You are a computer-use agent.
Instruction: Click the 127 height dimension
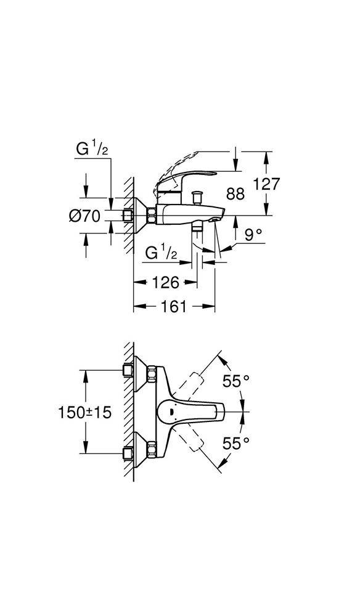[267, 184]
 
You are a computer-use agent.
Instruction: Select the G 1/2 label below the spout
[162, 253]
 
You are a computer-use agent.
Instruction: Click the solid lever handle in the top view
[197, 411]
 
